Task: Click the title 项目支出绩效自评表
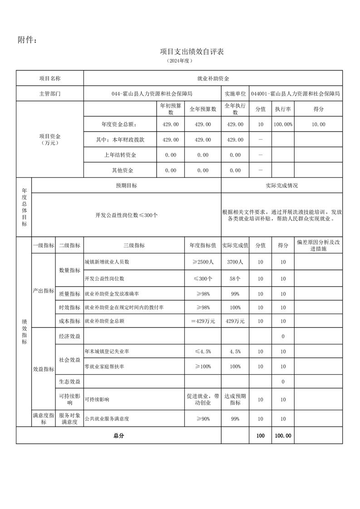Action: tap(192, 52)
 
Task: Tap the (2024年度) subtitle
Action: tap(180, 60)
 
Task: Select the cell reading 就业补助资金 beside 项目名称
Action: tap(213, 78)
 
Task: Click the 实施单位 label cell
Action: tap(235, 93)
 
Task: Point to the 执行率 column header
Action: tap(283, 109)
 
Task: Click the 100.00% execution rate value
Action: tap(283, 124)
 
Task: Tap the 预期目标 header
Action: tap(126, 186)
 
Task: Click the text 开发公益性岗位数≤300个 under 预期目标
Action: tap(126, 215)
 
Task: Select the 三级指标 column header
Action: tap(134, 245)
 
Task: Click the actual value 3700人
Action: tap(235, 262)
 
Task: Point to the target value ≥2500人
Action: tap(202, 262)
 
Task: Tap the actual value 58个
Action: tap(235, 278)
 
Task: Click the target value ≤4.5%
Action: tap(202, 352)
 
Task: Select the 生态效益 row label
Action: tap(69, 382)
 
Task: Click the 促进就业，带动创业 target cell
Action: tap(202, 399)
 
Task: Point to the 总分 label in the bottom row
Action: tap(118, 436)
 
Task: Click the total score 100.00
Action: tap(283, 436)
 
